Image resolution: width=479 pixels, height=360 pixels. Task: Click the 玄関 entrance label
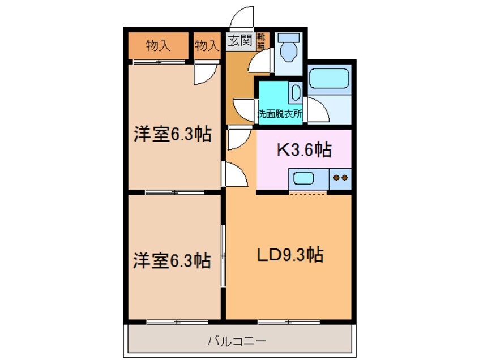tap(240, 41)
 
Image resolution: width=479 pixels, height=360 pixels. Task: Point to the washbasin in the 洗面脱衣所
tap(295, 92)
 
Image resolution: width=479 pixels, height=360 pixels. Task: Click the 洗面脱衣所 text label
tap(280, 113)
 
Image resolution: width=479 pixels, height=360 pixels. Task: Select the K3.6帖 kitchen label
tap(303, 150)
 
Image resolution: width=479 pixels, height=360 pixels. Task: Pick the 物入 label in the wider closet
tap(157, 46)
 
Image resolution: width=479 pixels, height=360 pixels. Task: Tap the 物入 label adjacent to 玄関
tap(207, 46)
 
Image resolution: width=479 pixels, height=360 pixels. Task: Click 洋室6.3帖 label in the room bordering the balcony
tap(172, 261)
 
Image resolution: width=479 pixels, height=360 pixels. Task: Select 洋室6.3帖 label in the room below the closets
tap(172, 135)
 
